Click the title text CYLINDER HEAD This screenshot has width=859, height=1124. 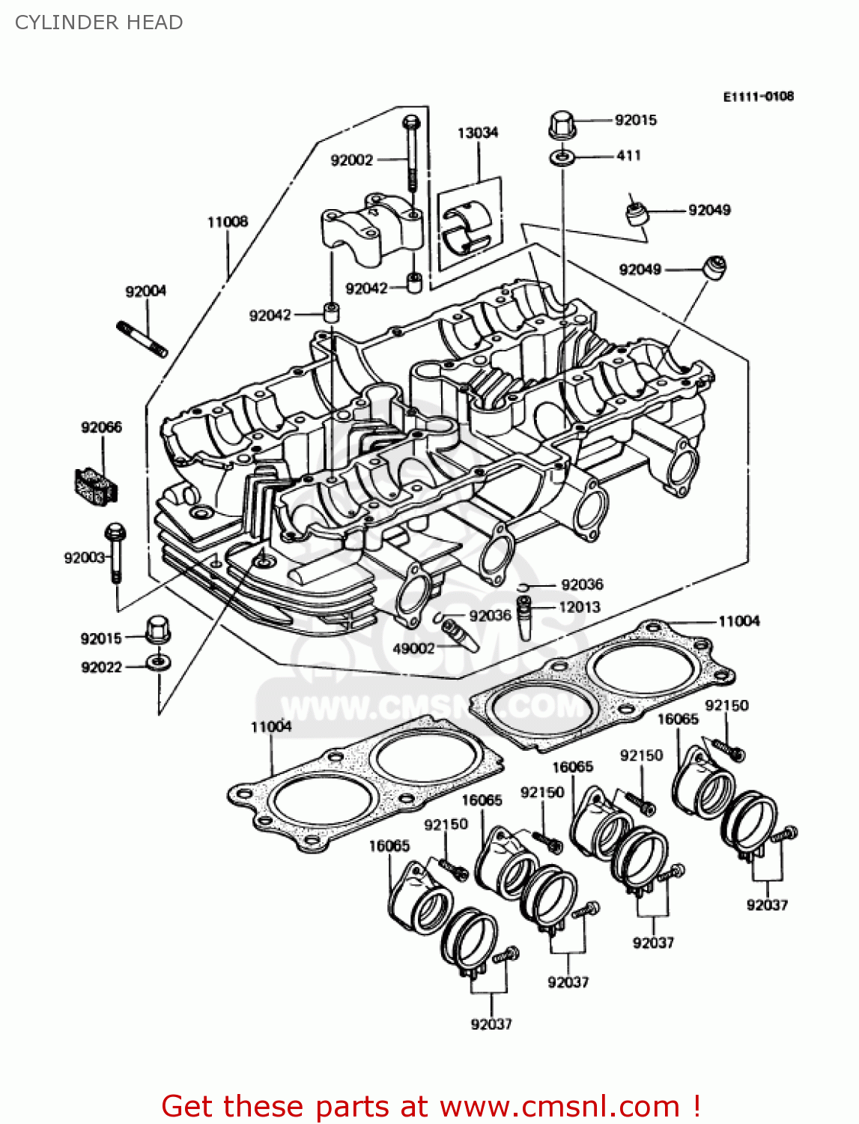[x=99, y=22]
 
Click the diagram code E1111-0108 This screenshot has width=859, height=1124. [x=758, y=97]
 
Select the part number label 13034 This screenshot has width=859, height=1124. [x=477, y=133]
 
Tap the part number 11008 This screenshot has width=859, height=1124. [x=227, y=222]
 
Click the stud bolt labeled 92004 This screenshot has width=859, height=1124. [x=142, y=339]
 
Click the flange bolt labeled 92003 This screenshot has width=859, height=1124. [x=115, y=552]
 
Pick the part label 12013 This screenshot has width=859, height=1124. [x=579, y=607]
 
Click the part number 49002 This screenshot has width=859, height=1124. [x=413, y=648]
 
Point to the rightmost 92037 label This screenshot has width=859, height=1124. [x=767, y=904]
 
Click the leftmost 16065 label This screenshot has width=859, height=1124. [x=389, y=846]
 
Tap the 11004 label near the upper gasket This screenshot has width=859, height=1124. [x=738, y=621]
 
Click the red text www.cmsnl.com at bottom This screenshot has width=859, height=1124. [x=559, y=1106]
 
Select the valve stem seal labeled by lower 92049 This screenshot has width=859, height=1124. [x=714, y=268]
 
